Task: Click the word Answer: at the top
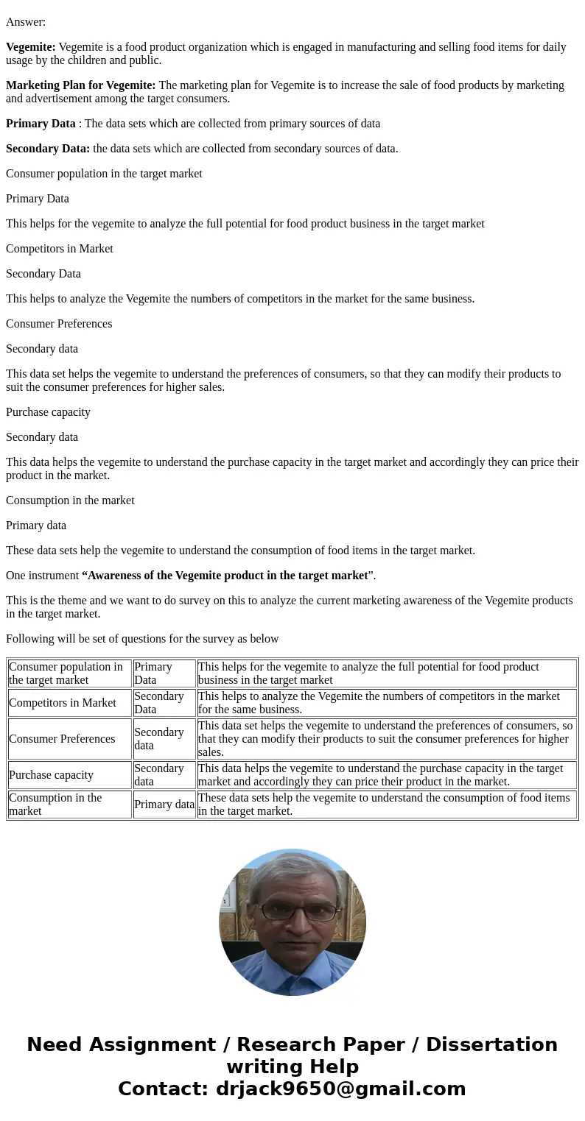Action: tap(26, 22)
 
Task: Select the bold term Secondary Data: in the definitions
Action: tap(48, 149)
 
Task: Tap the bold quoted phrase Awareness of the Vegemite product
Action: tap(225, 576)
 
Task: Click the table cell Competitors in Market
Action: tap(63, 703)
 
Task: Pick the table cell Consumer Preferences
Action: tap(62, 739)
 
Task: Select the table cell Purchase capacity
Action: tap(51, 775)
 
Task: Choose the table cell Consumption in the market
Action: tap(55, 804)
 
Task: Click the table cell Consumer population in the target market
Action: tap(66, 673)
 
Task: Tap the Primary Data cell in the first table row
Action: tap(153, 673)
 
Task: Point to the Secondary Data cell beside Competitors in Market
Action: tap(158, 703)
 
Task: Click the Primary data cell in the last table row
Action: tap(164, 804)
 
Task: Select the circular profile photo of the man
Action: tap(292, 922)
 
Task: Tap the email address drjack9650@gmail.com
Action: tap(340, 1089)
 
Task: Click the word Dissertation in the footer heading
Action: tap(491, 1045)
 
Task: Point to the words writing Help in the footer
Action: tap(292, 1067)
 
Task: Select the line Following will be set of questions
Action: tap(142, 639)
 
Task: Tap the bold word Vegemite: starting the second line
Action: tap(31, 47)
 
